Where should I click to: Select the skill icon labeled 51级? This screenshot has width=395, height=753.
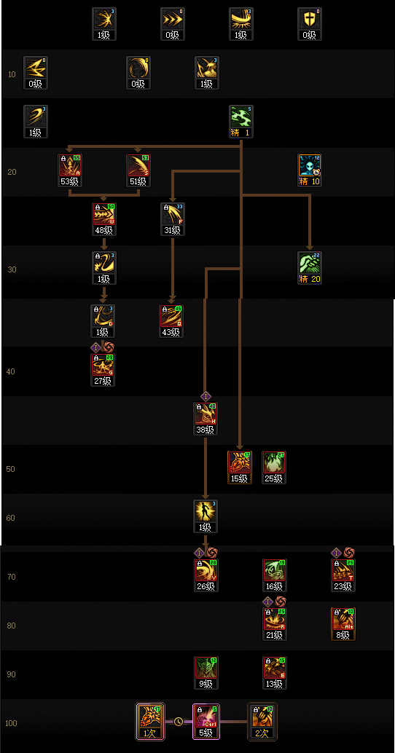pyautogui.click(x=138, y=166)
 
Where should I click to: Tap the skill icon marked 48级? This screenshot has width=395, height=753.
pyautogui.click(x=104, y=215)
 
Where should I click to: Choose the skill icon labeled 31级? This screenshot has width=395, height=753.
pyautogui.click(x=172, y=215)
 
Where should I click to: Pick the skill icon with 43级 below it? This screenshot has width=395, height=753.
pyautogui.click(x=171, y=317)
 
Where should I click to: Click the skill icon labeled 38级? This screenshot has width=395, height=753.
pyautogui.click(x=206, y=414)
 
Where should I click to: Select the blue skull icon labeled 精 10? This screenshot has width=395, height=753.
pyautogui.click(x=310, y=166)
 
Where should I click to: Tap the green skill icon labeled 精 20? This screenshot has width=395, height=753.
pyautogui.click(x=310, y=264)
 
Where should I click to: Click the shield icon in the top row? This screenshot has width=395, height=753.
pyautogui.click(x=310, y=20)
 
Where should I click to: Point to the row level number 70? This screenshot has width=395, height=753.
pyautogui.click(x=11, y=577)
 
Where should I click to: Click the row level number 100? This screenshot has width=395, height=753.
pyautogui.click(x=11, y=723)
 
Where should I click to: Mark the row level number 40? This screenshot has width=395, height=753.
pyautogui.click(x=11, y=371)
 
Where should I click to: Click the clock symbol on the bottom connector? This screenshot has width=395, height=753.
pyautogui.click(x=179, y=722)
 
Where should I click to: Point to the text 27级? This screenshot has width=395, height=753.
pyautogui.click(x=103, y=380)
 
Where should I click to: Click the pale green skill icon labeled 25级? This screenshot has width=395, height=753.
pyautogui.click(x=274, y=463)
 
